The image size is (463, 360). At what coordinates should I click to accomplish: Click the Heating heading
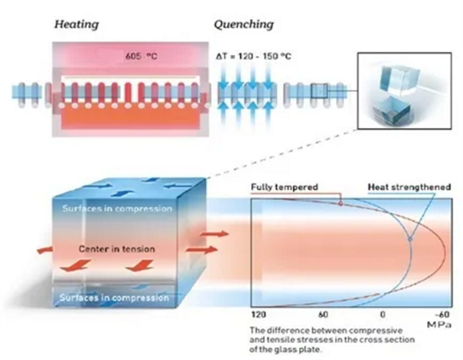tap(76, 24)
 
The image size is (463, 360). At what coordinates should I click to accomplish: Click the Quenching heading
tap(244, 24)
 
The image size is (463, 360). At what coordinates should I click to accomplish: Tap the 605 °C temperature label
tap(141, 56)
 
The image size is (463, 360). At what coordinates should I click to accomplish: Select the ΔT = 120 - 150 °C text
tap(254, 56)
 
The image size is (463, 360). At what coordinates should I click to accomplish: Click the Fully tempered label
tap(285, 187)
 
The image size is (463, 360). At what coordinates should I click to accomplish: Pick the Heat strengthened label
tap(409, 187)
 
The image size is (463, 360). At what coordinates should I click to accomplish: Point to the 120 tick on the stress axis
tap(259, 315)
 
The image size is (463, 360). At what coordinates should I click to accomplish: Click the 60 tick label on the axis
tap(323, 315)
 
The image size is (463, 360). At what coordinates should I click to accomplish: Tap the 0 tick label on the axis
tap(383, 315)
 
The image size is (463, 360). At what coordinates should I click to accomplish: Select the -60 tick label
tap(443, 315)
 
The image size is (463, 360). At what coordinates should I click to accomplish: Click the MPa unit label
tap(439, 325)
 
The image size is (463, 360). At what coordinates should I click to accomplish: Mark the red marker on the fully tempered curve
tap(341, 203)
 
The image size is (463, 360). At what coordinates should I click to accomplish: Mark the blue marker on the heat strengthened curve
tap(410, 239)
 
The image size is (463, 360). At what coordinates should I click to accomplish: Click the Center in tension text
tap(116, 249)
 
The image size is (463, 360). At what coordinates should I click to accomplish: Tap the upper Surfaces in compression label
tap(117, 208)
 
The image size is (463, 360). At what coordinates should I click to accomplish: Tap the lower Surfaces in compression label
tap(115, 297)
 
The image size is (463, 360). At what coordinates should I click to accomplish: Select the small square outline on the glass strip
tap(319, 91)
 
